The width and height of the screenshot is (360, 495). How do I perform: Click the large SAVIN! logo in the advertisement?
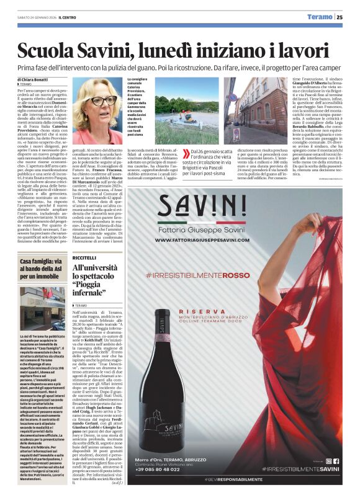pos(208,205)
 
